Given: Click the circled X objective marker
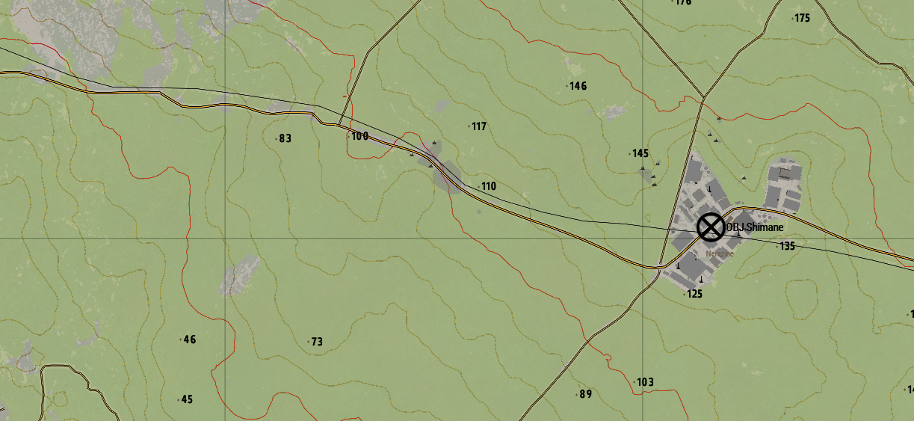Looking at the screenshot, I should (711, 227).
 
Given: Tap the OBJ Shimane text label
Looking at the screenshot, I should (754, 227).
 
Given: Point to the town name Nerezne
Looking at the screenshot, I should (720, 253).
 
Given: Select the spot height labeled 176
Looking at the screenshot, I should (682, 2).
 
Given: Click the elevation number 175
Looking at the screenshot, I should (802, 18).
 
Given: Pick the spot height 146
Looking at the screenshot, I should (578, 86).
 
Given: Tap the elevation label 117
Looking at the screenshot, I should (478, 126).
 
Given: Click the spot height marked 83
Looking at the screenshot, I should (285, 138).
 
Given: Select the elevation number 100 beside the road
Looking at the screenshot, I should (359, 136).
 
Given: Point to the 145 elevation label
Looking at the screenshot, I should (640, 153).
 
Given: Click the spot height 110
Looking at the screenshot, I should (488, 186).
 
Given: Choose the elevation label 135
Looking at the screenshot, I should (787, 245).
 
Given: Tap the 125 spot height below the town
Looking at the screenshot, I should (694, 294).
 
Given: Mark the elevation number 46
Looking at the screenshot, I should (189, 339).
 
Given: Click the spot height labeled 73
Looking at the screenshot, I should (316, 342).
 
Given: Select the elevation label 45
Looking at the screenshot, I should (187, 399).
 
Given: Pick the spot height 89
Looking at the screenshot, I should (585, 394).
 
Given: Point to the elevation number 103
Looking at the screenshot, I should (644, 382).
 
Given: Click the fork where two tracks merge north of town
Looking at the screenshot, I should (703, 97).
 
